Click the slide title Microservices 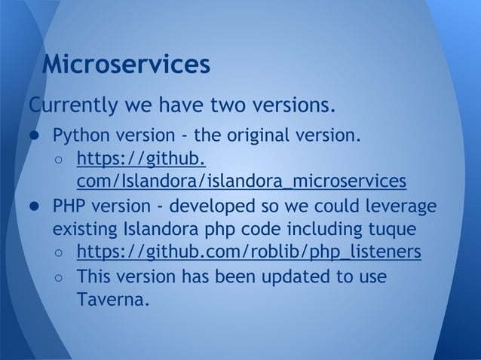click(125, 65)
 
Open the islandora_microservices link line click(241, 182)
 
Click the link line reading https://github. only click(140, 160)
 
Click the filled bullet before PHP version click(35, 206)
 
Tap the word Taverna click(112, 300)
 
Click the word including click(308, 227)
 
